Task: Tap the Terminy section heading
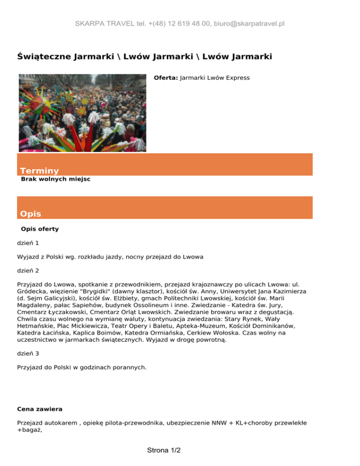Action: (x=39, y=171)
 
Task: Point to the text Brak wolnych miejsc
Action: (x=56, y=179)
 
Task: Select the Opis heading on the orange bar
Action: (x=30, y=214)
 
